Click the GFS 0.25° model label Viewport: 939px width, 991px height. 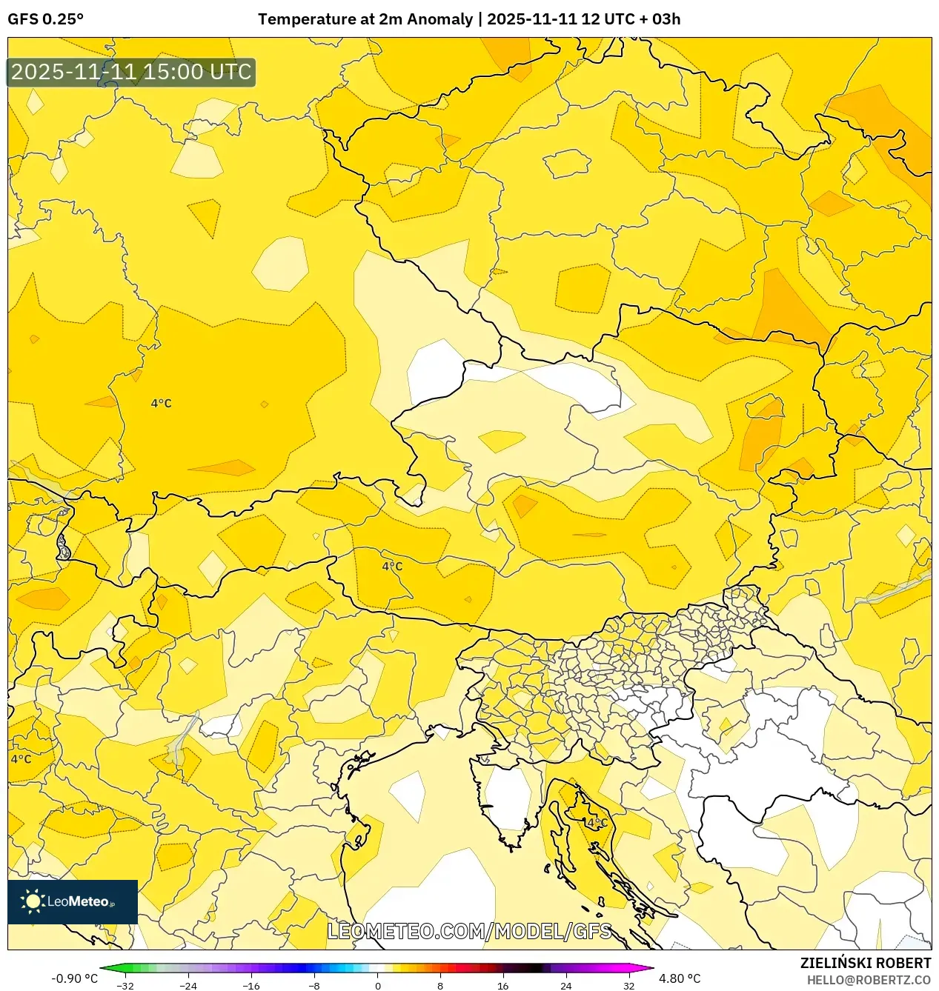(x=45, y=19)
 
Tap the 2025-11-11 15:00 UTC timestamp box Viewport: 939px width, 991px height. (x=131, y=73)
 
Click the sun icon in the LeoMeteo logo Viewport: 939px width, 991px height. (x=33, y=901)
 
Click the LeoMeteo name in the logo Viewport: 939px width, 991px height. (x=78, y=902)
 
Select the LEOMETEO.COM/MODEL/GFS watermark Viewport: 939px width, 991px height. (x=469, y=931)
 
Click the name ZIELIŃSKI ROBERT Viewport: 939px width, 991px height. (x=865, y=963)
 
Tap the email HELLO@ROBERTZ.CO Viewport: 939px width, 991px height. (x=869, y=979)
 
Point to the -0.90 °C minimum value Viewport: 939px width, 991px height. (x=74, y=978)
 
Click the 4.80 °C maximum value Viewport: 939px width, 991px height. (x=680, y=978)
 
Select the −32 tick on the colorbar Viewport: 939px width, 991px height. (x=126, y=986)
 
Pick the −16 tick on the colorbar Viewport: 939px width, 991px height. (x=252, y=986)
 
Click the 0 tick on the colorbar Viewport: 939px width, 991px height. (x=378, y=986)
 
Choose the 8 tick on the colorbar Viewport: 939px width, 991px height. (x=440, y=986)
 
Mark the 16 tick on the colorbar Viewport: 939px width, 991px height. (x=503, y=986)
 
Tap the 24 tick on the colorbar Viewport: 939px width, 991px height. (x=566, y=986)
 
